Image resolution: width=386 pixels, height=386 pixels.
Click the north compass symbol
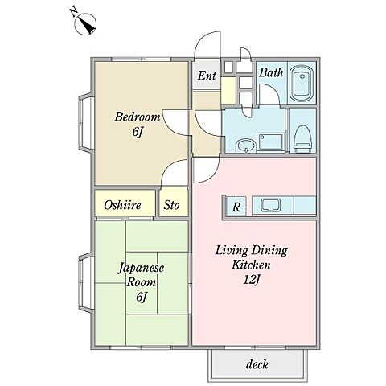85,24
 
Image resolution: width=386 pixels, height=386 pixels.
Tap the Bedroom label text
138,117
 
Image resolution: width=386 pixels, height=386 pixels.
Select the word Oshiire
122,206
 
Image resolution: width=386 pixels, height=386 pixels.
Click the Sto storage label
171,205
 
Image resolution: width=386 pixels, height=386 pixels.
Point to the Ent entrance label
207,76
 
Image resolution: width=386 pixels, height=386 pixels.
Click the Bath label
271,72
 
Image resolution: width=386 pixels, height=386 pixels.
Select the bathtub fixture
302,83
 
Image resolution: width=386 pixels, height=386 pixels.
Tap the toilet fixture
302,138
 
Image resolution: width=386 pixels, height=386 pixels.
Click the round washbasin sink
245,146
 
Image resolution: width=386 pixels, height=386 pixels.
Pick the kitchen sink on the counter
271,205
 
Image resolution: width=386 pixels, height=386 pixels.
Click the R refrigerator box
236,207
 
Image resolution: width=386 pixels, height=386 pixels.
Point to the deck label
257,364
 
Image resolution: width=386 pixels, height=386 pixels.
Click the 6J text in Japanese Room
142,297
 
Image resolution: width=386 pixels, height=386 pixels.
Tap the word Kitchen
251,265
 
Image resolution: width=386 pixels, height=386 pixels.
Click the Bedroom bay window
86,121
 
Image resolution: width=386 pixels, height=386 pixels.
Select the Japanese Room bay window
86,283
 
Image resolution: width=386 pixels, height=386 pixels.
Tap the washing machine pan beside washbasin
270,142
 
